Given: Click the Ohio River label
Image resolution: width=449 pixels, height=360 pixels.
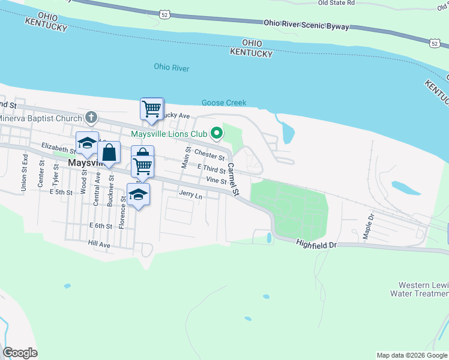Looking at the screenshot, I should pos(172,68).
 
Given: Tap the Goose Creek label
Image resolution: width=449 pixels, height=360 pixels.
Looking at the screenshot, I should pos(224,103).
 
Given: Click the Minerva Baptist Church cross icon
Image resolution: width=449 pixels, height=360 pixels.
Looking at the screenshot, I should pos(91,116).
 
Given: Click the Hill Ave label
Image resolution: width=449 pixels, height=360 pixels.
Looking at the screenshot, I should pos(99,245).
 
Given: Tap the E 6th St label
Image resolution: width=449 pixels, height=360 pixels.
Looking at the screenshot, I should pos(100,226).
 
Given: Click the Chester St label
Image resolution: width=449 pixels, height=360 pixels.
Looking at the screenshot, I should pos(209,156).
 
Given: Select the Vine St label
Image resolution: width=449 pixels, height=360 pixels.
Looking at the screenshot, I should pos(215,180).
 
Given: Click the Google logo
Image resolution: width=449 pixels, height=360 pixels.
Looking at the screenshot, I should pos(20,353).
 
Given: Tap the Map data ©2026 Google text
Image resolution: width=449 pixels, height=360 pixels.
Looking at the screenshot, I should pos(411,355).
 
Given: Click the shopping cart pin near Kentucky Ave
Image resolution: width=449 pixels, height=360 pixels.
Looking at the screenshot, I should pos(151,109).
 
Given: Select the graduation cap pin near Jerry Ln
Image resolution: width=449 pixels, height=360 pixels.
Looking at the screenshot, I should pos(139,194).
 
